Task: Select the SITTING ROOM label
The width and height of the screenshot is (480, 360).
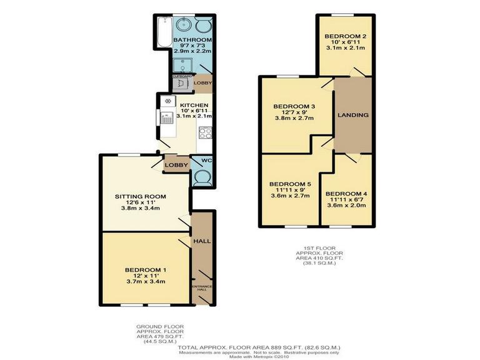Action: tap(141, 197)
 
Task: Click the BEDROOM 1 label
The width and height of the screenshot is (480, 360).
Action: tap(141, 269)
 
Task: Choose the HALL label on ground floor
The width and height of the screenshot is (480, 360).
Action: tap(202, 241)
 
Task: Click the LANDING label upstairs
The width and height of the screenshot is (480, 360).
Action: tap(353, 115)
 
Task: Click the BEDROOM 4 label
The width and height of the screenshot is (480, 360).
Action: tap(346, 193)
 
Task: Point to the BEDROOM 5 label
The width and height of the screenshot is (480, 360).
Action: tap(289, 184)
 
